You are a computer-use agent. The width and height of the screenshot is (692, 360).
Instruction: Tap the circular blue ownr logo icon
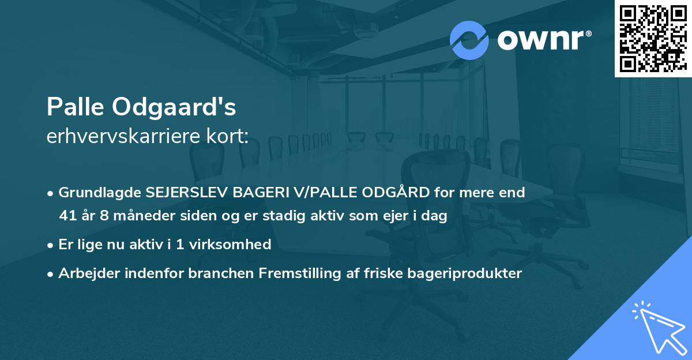pos(469,40)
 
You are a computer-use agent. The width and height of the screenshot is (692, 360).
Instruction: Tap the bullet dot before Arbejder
pos(51,273)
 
